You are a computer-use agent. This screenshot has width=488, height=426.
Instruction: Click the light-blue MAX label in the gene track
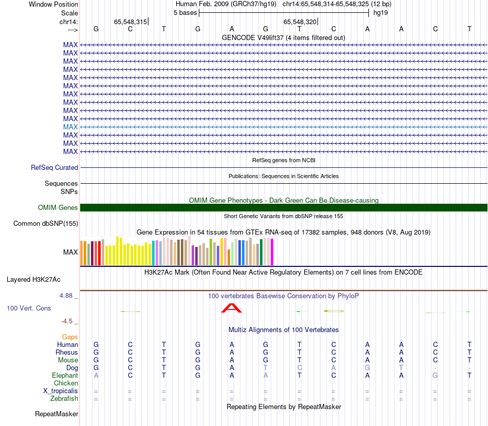click(x=70, y=127)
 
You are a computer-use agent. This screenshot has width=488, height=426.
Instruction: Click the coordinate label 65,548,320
click(x=300, y=22)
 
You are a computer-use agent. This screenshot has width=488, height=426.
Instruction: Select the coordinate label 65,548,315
click(x=130, y=22)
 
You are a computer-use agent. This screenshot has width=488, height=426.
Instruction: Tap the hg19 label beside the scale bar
click(x=381, y=13)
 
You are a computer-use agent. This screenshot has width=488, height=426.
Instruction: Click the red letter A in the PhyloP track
click(x=232, y=308)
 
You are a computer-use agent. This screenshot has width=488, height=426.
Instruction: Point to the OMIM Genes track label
click(x=58, y=208)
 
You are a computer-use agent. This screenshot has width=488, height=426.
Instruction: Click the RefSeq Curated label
click(x=54, y=167)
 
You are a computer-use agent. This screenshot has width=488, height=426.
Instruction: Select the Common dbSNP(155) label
click(x=46, y=223)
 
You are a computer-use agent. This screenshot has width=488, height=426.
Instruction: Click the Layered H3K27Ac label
click(x=33, y=280)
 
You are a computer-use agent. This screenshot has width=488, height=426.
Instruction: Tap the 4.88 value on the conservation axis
click(x=67, y=296)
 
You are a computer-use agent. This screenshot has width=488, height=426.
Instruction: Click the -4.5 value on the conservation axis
click(x=67, y=321)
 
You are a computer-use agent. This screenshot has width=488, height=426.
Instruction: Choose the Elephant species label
click(x=64, y=376)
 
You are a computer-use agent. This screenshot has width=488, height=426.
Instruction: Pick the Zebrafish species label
click(x=64, y=399)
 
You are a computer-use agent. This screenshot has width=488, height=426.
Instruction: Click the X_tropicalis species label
click(x=61, y=391)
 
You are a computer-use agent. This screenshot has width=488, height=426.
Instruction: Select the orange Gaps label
click(x=70, y=337)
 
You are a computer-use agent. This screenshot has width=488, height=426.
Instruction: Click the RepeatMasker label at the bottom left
click(x=57, y=414)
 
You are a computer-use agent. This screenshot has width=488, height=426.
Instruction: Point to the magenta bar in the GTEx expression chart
click(x=272, y=253)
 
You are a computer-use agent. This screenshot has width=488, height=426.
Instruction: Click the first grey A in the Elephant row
click(x=96, y=376)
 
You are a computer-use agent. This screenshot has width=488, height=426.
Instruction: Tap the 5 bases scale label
click(x=185, y=13)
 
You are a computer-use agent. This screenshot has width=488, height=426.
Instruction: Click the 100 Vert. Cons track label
click(x=29, y=308)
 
